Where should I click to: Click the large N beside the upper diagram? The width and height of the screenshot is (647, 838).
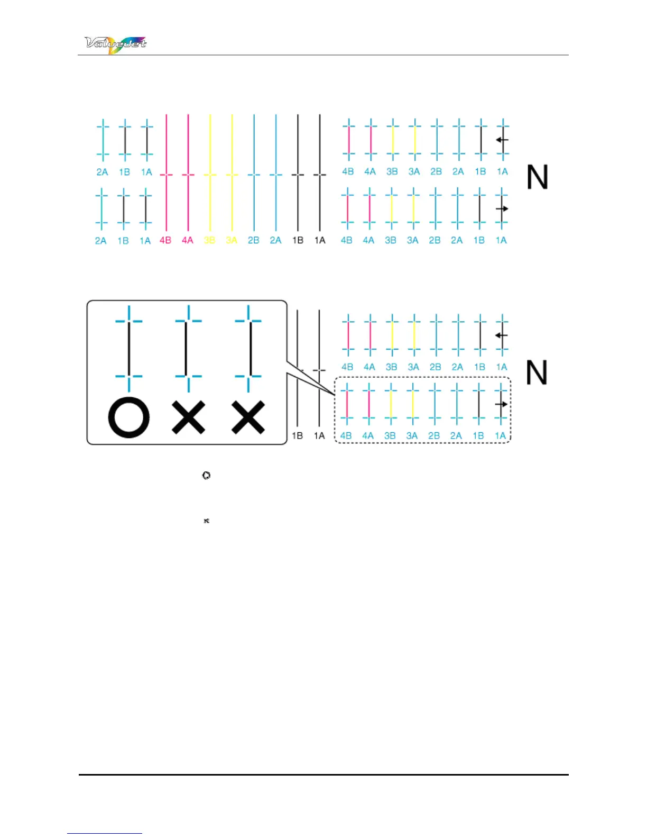[537, 177]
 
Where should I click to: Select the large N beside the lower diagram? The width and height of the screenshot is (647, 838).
[536, 373]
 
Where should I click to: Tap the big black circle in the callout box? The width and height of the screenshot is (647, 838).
[128, 417]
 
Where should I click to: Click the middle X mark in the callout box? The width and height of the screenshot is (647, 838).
[189, 417]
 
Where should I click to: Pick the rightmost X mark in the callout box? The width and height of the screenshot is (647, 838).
[248, 417]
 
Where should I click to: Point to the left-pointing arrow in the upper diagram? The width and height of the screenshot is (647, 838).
[502, 140]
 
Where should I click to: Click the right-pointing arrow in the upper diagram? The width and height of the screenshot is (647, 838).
[502, 208]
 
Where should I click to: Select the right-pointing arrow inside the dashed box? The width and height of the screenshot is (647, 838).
[501, 404]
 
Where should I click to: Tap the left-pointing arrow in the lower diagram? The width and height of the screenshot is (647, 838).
[501, 335]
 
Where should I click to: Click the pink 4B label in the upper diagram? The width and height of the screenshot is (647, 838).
[165, 240]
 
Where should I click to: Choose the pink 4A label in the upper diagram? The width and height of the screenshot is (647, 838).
[188, 240]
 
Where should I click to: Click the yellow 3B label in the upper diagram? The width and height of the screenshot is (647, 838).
[210, 240]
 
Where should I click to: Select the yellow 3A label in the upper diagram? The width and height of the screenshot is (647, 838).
[232, 240]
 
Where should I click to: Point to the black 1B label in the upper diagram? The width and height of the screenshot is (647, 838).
[298, 240]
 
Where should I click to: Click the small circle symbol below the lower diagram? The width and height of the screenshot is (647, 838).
[206, 476]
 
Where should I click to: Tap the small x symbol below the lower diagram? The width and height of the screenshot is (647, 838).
[206, 521]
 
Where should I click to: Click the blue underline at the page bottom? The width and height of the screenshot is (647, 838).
[105, 833]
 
